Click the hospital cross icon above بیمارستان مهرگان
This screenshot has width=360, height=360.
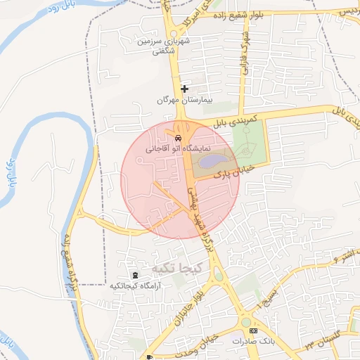(185, 89)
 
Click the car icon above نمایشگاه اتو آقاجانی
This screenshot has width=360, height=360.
(179, 138)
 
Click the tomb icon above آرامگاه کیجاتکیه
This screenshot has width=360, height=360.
(134, 274)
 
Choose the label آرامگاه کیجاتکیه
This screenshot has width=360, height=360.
(135, 286)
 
